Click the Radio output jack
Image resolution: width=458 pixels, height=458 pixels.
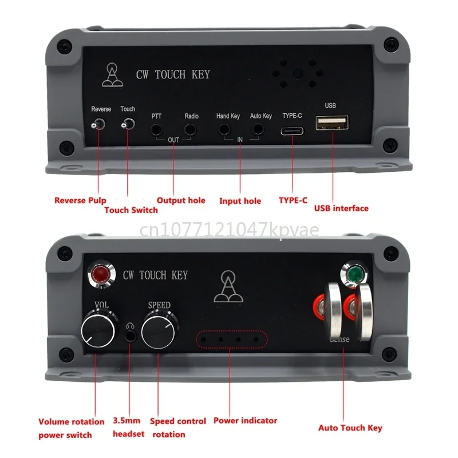[192, 130]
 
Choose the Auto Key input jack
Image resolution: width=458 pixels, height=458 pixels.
[260, 130]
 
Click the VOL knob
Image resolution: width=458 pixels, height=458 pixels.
[98, 329]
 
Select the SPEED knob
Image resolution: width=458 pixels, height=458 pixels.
[159, 329]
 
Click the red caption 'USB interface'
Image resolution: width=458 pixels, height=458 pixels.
[341, 208]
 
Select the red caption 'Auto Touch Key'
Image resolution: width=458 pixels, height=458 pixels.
[350, 428]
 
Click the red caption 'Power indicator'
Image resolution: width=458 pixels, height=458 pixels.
[245, 421]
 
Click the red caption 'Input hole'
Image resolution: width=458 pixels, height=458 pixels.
[240, 201]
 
